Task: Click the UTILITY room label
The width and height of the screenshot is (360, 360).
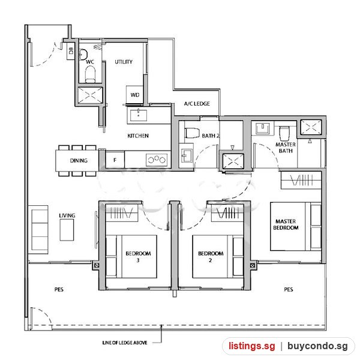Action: (x=124, y=62)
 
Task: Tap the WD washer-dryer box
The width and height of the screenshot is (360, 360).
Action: (x=135, y=95)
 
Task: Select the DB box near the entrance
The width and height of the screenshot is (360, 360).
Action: (x=71, y=51)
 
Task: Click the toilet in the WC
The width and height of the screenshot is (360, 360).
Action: (x=90, y=74)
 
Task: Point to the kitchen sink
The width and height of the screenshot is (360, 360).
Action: (x=139, y=115)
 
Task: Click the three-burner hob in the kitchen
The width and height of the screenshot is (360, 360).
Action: (x=157, y=160)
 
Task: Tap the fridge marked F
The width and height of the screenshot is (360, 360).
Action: (x=115, y=160)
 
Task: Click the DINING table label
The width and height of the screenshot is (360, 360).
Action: (x=79, y=160)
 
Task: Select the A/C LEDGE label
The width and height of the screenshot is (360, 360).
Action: (x=197, y=104)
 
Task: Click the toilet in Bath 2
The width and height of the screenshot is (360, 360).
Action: (x=192, y=133)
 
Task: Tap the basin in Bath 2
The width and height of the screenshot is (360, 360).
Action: (x=187, y=155)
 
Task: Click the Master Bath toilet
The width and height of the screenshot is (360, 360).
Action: (x=284, y=133)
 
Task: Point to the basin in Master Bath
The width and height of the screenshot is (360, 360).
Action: (x=263, y=128)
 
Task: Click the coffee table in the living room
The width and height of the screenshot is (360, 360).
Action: (x=67, y=230)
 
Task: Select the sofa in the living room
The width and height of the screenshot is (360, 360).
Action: (x=38, y=230)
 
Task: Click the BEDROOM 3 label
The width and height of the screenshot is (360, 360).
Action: (x=138, y=257)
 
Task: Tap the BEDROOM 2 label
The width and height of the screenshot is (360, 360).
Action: (x=211, y=257)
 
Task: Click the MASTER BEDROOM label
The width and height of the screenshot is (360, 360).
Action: (x=286, y=224)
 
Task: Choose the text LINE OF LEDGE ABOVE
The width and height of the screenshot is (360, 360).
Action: (x=125, y=343)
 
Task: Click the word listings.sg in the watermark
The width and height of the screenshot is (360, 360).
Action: (x=251, y=346)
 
